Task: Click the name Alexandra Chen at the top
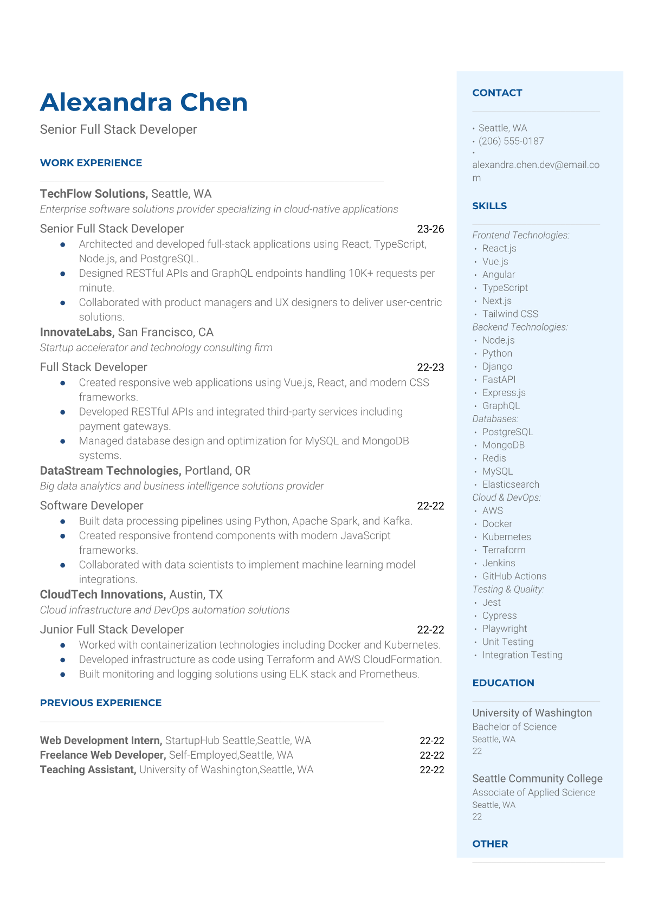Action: (x=144, y=102)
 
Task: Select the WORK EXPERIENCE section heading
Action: (x=91, y=163)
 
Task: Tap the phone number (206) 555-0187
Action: (x=511, y=141)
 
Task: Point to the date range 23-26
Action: (x=430, y=229)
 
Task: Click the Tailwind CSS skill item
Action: (x=510, y=314)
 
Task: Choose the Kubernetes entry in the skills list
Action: (x=506, y=537)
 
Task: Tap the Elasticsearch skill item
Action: (x=511, y=484)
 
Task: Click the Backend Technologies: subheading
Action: (x=520, y=327)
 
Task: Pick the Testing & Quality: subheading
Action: (x=508, y=590)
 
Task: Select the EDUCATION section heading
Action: (x=503, y=683)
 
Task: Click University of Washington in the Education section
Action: (x=532, y=713)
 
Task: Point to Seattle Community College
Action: (x=537, y=779)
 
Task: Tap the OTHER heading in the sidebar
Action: (x=490, y=844)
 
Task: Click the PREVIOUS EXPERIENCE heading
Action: (x=101, y=703)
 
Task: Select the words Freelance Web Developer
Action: (x=102, y=755)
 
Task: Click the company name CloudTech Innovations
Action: (x=102, y=595)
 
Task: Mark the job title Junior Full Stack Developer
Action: (x=112, y=630)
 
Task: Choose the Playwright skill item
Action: (x=505, y=629)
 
